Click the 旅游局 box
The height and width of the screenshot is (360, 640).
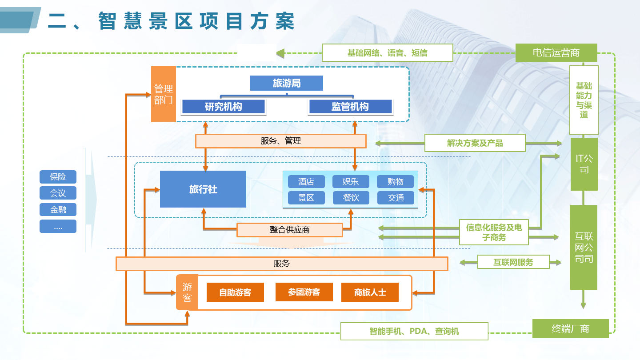287,83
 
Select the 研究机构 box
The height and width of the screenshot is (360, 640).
224,107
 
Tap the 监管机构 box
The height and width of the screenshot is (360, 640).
350,107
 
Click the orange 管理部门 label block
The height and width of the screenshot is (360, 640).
164,94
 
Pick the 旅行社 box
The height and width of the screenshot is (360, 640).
203,189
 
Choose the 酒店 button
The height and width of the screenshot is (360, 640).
306,181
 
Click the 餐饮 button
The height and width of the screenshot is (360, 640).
351,198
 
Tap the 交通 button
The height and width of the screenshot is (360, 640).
396,198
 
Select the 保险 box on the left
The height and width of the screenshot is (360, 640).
58,177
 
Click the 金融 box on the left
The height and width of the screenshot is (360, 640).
58,210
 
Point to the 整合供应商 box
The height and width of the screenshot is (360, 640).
290,230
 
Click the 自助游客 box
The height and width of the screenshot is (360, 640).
235,292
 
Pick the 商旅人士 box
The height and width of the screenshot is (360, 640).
370,292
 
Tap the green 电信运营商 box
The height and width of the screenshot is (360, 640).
556,53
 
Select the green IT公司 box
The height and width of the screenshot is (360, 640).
584,164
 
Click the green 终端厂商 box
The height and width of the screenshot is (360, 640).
571,328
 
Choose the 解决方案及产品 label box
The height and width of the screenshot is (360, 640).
475,143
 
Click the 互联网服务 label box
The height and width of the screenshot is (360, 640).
513,262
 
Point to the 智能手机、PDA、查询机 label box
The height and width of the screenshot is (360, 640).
414,331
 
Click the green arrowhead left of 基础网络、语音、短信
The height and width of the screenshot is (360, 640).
280,53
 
